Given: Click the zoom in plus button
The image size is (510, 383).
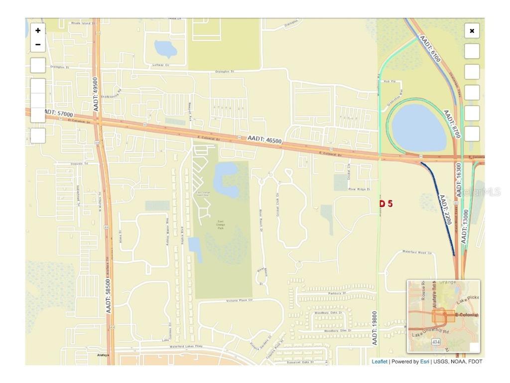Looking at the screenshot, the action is coord(38,30).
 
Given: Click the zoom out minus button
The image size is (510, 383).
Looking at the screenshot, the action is coord(38,45).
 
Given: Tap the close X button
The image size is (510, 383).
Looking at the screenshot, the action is coord(472,31).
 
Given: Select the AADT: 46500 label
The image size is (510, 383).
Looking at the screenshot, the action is coord(264,139).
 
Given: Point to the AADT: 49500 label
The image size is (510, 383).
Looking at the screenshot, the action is coord(95,95).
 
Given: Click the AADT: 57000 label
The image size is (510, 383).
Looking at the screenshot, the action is coord(59,114).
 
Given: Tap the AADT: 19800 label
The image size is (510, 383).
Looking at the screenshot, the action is coord(375,328).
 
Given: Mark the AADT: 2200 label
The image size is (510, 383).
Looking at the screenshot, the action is coord(445,209).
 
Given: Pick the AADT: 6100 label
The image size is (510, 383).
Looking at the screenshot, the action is coord(430,48).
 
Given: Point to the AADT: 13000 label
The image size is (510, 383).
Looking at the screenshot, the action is coord(465,226).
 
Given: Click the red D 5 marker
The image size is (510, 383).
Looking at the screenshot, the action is coord(386,203).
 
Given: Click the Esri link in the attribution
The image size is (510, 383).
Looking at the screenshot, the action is coord(424,362).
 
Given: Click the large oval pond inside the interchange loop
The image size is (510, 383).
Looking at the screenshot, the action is coord(418,128).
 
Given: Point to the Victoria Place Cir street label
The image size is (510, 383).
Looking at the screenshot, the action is coord(240,300).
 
